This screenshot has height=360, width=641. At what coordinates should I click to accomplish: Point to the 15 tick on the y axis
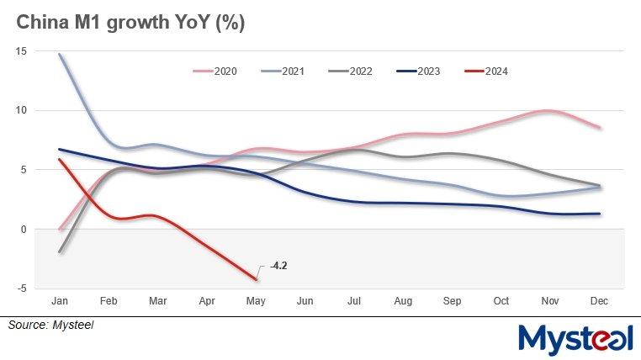tap(21, 51)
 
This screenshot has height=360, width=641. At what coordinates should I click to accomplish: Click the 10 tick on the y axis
tap(21, 110)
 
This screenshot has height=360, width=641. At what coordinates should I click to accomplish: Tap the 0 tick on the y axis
tap(24, 229)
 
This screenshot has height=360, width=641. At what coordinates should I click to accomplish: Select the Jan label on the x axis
tap(60, 299)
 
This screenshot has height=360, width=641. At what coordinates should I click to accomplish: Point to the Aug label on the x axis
tap(403, 299)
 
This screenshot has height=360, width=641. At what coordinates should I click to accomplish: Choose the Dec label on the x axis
tap(599, 299)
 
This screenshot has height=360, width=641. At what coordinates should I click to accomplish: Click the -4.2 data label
tap(278, 266)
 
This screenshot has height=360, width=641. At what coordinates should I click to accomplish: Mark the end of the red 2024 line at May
tap(256, 278)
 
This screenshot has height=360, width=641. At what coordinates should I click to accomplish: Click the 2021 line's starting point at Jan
tap(60, 55)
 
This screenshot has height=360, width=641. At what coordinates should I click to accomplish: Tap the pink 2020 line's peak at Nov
tap(548, 111)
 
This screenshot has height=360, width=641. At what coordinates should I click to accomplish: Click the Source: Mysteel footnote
tap(51, 325)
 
